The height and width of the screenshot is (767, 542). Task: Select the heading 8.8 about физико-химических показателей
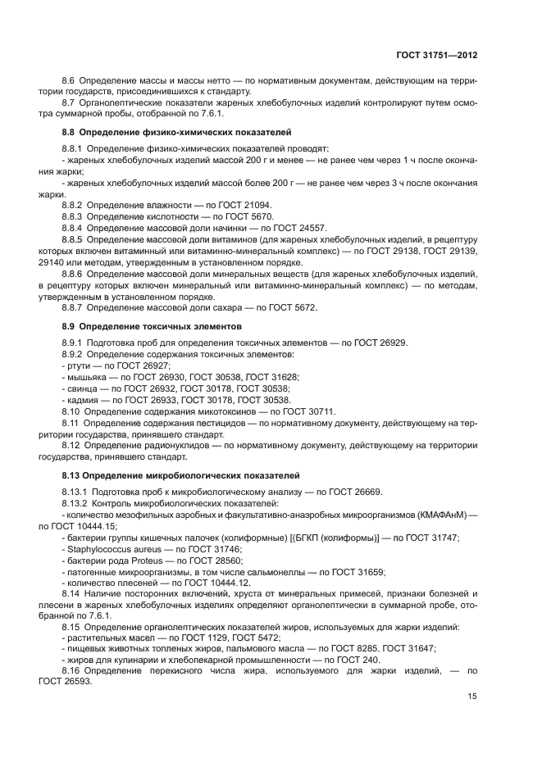coord(177,132)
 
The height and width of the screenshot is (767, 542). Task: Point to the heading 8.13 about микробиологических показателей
coord(175,475)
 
